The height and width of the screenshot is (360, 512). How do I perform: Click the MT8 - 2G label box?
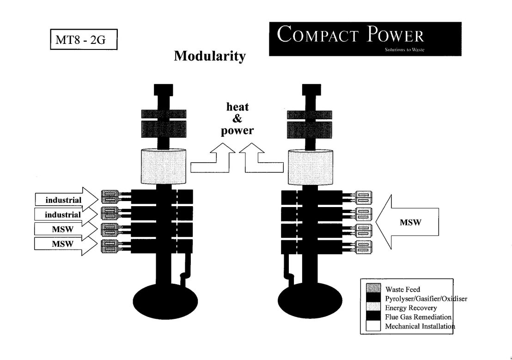[84, 39]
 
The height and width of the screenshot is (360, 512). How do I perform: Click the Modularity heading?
[210, 56]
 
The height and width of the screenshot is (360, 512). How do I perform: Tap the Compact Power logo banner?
[365, 39]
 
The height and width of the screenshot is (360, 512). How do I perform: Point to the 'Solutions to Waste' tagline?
[404, 49]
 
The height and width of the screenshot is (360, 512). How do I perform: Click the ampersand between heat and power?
[237, 118]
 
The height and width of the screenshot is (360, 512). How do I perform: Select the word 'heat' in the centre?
[238, 106]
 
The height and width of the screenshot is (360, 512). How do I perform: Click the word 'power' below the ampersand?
[237, 131]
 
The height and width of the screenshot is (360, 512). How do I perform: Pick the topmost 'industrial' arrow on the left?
[67, 199]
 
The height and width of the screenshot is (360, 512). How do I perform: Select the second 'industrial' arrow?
[66, 214]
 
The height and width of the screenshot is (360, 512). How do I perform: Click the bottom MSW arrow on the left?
[66, 244]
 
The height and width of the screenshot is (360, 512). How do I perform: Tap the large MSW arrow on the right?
[407, 222]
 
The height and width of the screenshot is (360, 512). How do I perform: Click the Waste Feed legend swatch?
[373, 288]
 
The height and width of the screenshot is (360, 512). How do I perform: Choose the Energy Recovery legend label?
[411, 308]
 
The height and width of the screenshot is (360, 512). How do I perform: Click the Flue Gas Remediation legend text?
[418, 317]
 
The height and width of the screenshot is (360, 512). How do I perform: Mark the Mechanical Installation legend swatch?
[373, 326]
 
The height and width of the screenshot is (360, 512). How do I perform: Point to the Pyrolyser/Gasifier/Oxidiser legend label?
[426, 299]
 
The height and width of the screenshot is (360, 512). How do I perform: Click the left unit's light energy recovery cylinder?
[164, 167]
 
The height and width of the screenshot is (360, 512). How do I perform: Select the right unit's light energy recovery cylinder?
[311, 167]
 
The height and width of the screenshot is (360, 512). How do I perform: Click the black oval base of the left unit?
[165, 301]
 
